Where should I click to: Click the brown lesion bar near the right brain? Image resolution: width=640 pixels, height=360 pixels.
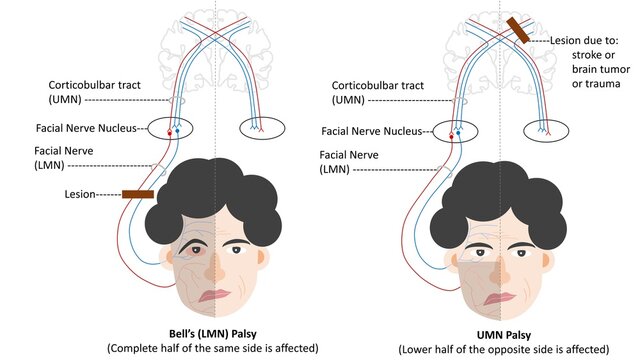520,30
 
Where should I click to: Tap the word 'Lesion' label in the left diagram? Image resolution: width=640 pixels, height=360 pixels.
75,196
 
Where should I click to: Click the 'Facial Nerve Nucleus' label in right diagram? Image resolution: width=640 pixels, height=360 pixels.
372,130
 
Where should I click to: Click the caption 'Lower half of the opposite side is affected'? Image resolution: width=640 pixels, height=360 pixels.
503,349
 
